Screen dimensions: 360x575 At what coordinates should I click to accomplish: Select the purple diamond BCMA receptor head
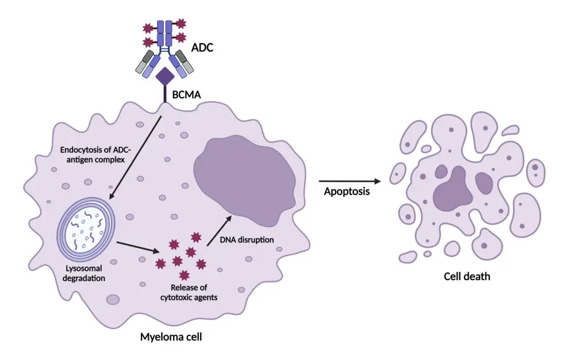pyautogui.click(x=166, y=76)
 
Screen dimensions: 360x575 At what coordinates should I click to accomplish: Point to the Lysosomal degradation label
pyautogui.click(x=85, y=273)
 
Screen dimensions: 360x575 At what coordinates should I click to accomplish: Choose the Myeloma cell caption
pyautogui.click(x=171, y=337)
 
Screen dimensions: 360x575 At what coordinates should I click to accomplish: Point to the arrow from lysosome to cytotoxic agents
pyautogui.click(x=138, y=247)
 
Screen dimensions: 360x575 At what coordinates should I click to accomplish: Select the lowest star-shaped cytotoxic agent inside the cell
pyautogui.click(x=185, y=274)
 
